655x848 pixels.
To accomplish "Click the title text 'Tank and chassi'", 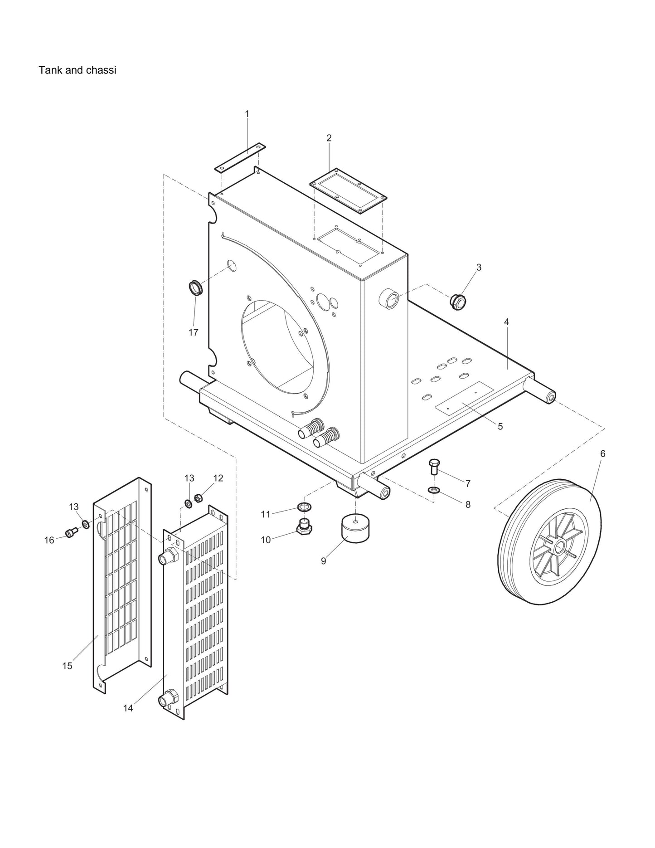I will [77, 70].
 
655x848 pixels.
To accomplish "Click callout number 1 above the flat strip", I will [247, 114].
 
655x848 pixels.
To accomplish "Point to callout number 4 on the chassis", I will [506, 322].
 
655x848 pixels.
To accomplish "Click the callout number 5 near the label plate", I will [500, 426].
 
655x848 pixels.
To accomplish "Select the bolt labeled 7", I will [433, 466].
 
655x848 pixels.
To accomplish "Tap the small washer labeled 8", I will [434, 490].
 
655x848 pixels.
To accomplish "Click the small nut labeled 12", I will [198, 498].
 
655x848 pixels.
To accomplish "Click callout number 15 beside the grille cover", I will [67, 666].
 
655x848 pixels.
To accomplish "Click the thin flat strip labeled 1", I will [240, 158].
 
